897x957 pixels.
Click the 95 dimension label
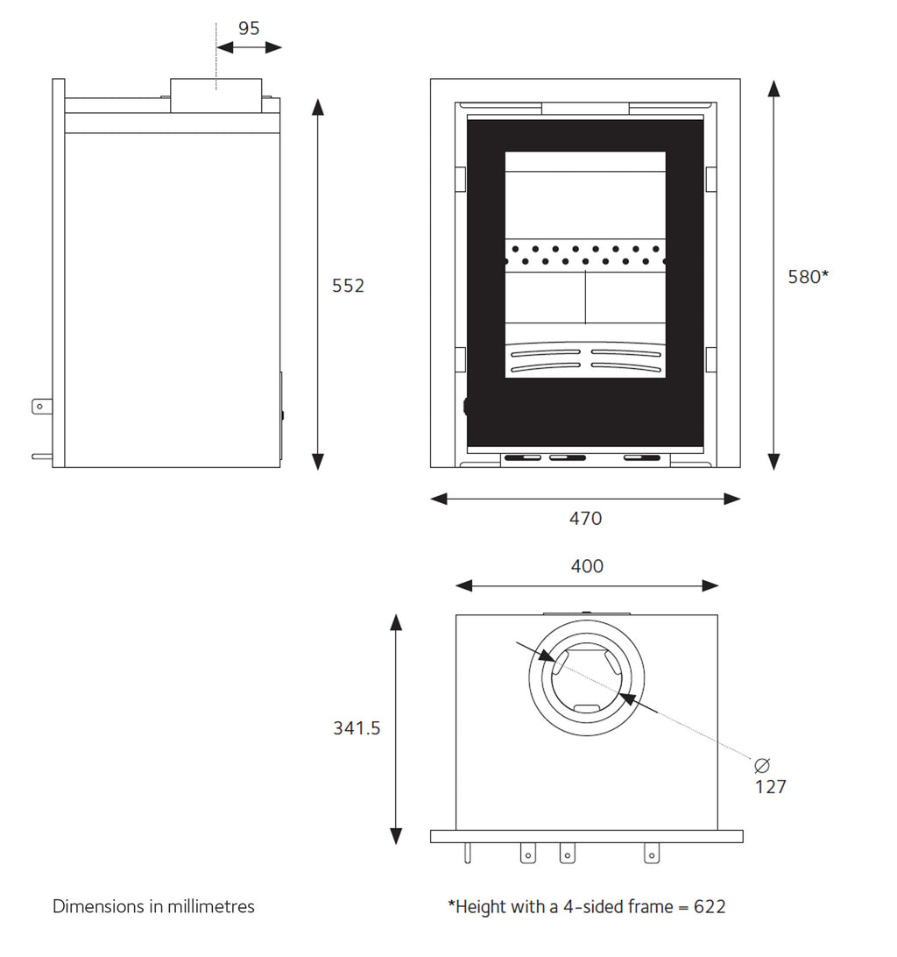click(x=249, y=28)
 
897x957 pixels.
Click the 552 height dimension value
click(x=348, y=286)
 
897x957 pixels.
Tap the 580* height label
click(x=808, y=277)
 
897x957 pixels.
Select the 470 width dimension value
click(x=585, y=519)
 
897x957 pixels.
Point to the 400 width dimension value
click(x=587, y=567)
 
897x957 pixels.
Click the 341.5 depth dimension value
click(x=357, y=728)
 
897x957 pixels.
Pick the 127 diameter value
click(x=771, y=787)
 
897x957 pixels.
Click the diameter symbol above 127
click(x=761, y=762)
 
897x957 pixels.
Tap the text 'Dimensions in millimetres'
click(x=153, y=906)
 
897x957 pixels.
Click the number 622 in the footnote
click(x=710, y=907)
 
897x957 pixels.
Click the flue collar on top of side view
click(x=215, y=95)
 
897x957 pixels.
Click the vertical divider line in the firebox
click(x=585, y=297)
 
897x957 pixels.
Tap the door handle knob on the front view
click(x=465, y=406)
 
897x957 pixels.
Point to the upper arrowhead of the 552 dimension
click(x=318, y=107)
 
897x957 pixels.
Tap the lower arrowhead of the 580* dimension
click(x=773, y=461)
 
